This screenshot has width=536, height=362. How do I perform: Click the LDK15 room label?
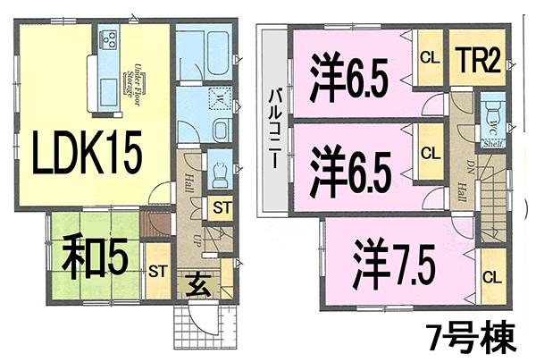(87, 156)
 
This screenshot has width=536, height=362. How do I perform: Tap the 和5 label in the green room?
(92, 256)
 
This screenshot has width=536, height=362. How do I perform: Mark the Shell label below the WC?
(493, 143)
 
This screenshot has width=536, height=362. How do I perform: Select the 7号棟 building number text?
(468, 337)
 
